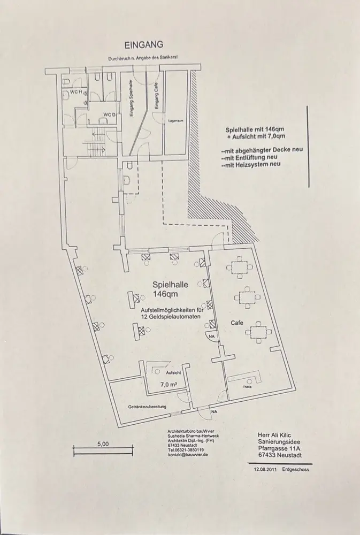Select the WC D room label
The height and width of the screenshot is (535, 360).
click(109, 114)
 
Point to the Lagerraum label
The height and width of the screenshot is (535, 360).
click(176, 121)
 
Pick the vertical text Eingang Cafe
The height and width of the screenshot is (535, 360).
click(156, 100)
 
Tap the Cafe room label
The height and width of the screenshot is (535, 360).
click(238, 324)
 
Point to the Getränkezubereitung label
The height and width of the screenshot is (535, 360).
click(148, 407)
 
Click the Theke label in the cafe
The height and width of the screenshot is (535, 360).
click(247, 387)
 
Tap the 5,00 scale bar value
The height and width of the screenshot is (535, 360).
click(103, 444)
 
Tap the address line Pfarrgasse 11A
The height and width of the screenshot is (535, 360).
click(281, 448)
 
